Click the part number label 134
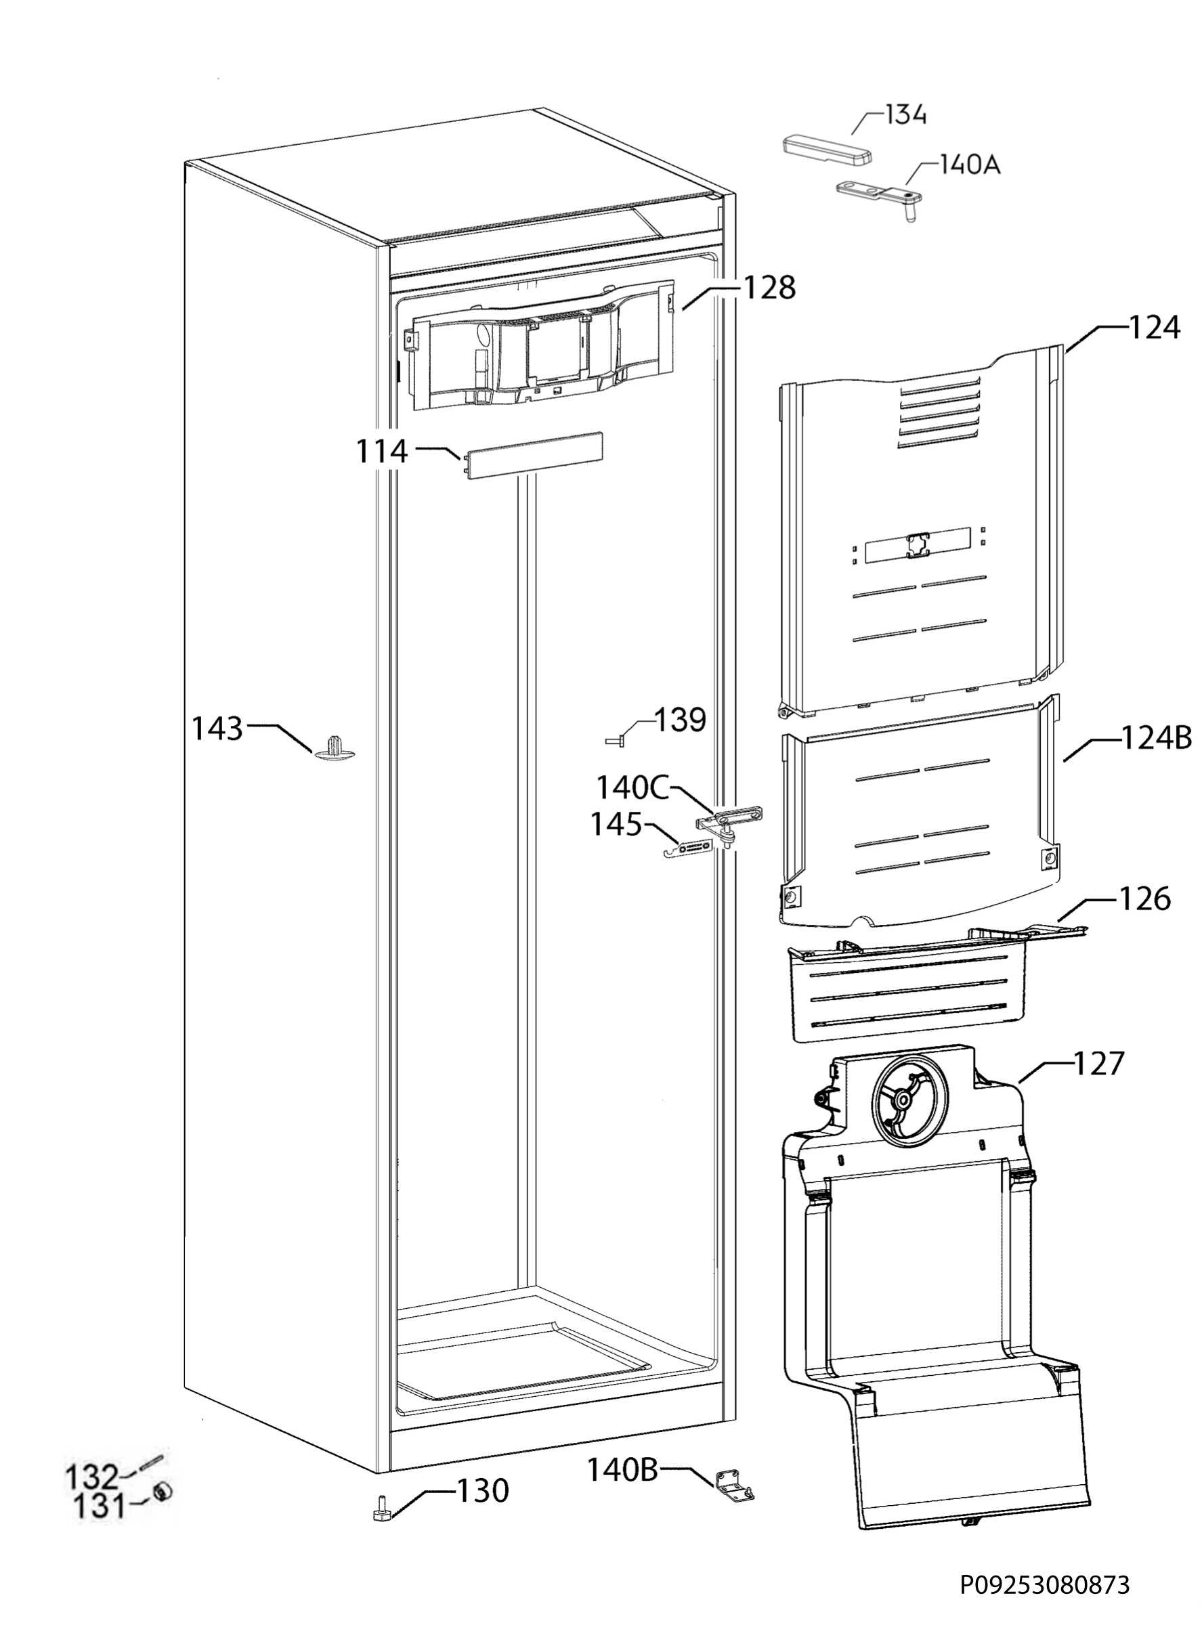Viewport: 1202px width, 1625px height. click(x=905, y=115)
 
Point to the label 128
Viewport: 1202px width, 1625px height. click(x=769, y=288)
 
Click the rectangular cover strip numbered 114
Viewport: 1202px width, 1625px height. click(x=533, y=456)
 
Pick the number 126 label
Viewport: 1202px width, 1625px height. click(x=1144, y=898)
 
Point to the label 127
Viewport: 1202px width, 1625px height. click(x=1098, y=1064)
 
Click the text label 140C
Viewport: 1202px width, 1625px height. click(x=632, y=787)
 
